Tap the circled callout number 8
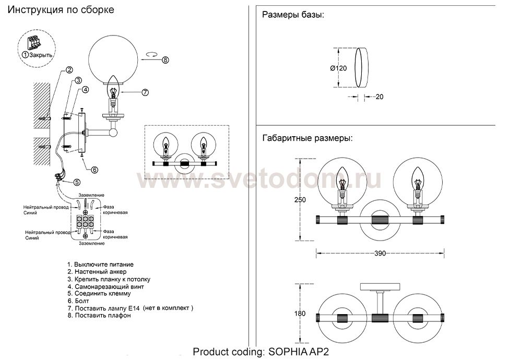pos(165,59)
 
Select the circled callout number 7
pos(145,92)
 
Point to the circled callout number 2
pos(69,70)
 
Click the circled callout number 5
pos(77,182)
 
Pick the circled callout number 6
pos(94,169)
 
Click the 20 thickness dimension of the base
pos(379,97)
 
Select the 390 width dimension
pos(380,254)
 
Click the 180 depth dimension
pos(300,314)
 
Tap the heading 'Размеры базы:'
pos(292,15)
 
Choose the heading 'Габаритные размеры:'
pos(306,139)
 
